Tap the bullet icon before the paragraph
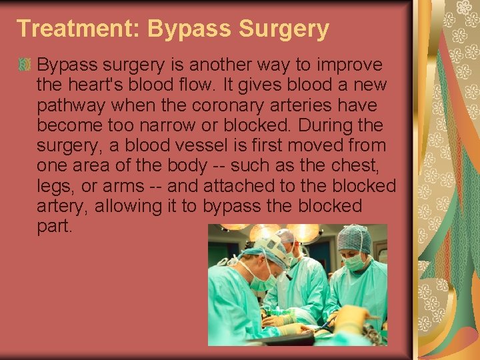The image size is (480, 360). tap(25, 65)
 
